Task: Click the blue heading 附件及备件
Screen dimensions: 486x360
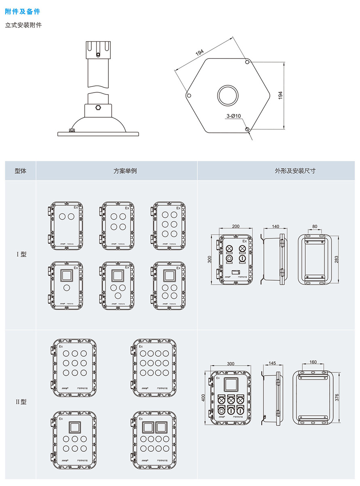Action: [23, 12]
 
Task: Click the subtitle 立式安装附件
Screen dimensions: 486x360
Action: [23, 25]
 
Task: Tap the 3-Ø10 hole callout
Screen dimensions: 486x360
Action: [234, 116]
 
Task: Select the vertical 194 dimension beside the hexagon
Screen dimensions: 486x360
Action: [280, 95]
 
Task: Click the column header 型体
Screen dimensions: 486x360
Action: [20, 171]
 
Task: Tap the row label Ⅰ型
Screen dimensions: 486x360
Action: [21, 254]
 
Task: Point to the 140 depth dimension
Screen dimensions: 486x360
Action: [275, 227]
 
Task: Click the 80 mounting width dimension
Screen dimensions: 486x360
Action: [315, 227]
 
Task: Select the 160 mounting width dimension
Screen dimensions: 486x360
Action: [313, 362]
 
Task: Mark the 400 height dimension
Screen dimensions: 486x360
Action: [204, 397]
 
